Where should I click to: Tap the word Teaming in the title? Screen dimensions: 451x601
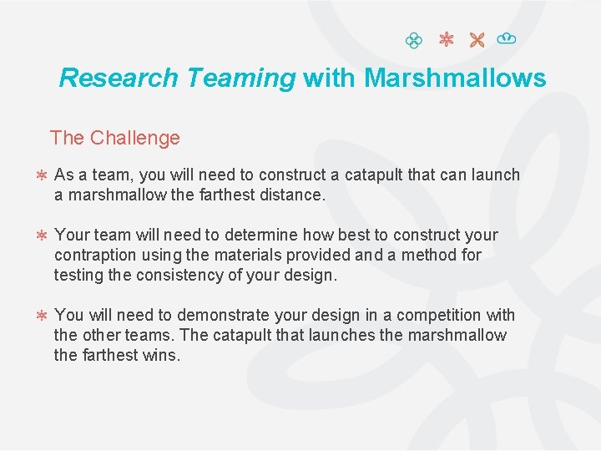coord(241,78)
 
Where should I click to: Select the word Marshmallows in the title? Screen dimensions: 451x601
coord(455,78)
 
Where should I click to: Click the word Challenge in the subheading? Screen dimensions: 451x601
coord(135,138)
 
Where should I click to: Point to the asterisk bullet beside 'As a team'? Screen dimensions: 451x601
coord(40,175)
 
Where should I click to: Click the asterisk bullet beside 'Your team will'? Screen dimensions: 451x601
coord(40,236)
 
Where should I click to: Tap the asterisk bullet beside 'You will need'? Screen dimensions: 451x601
coord(40,316)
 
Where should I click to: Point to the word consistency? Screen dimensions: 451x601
coord(166,275)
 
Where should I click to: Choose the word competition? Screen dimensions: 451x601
coord(439,315)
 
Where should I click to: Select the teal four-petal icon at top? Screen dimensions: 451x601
coord(412,39)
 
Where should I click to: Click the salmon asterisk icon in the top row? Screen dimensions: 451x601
coord(445,39)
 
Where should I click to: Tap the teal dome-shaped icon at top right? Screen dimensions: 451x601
coord(505,38)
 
